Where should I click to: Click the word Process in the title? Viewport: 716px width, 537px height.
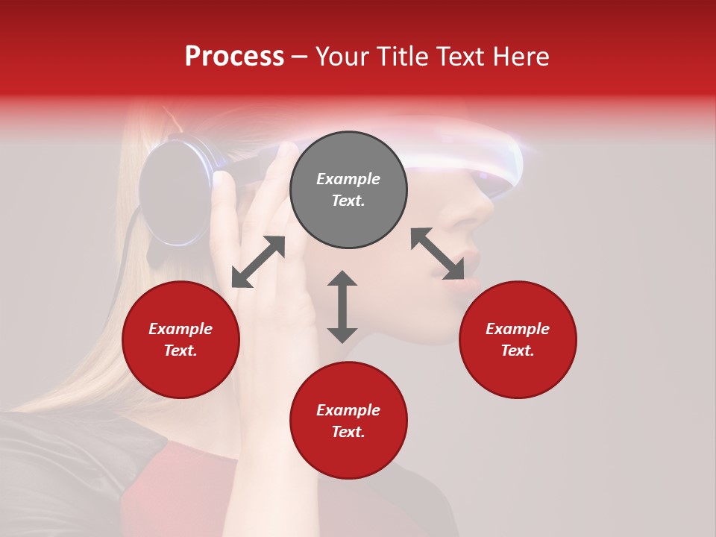pyautogui.click(x=234, y=57)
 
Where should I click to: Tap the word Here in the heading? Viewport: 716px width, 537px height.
pyautogui.click(x=518, y=57)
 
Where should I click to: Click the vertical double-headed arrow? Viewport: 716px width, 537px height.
pyautogui.click(x=342, y=307)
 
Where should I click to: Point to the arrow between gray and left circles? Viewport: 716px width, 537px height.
pyautogui.click(x=258, y=262)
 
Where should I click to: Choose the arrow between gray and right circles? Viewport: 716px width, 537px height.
pyautogui.click(x=437, y=254)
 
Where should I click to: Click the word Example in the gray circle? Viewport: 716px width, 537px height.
pyautogui.click(x=348, y=179)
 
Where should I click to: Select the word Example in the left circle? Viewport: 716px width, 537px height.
pyautogui.click(x=180, y=329)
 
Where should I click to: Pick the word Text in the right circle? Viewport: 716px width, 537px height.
pyautogui.click(x=517, y=351)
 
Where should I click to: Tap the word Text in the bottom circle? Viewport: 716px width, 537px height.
pyautogui.click(x=348, y=432)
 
